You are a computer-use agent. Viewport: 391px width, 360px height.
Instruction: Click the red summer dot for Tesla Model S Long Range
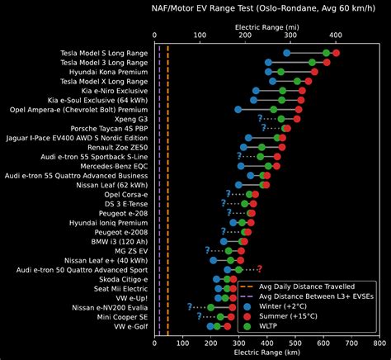click(x=335, y=53)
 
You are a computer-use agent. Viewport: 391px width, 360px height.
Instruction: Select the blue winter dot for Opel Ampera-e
click(x=238, y=109)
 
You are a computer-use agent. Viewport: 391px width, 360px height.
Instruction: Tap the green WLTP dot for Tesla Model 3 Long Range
click(x=313, y=62)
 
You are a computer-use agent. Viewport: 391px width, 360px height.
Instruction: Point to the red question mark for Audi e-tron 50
click(x=259, y=269)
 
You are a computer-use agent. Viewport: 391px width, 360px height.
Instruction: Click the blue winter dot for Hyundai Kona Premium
click(x=270, y=72)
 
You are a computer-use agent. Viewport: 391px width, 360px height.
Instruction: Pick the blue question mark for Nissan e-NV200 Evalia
click(x=190, y=306)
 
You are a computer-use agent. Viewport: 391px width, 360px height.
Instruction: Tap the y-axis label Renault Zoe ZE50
click(x=116, y=147)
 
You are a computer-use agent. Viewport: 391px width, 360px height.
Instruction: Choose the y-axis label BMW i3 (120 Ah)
click(x=116, y=241)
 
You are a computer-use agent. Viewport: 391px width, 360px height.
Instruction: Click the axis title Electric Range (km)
click(x=267, y=352)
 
